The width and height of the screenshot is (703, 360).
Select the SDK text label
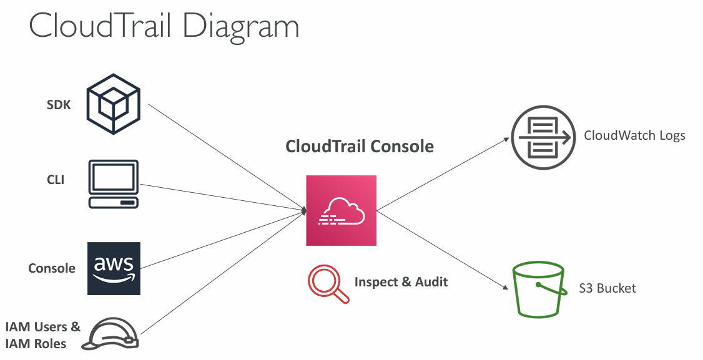(x=59, y=105)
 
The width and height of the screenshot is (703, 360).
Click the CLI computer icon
(x=114, y=184)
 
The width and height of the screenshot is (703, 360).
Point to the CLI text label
(x=56, y=180)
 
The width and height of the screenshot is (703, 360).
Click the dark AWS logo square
(x=114, y=268)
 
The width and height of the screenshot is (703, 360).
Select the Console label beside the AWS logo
(x=52, y=268)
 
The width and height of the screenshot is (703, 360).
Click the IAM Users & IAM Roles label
(x=42, y=334)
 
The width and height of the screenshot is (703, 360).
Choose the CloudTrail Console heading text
(x=359, y=147)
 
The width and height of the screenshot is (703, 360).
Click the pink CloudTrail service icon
(x=341, y=210)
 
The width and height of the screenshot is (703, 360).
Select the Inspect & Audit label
(x=401, y=282)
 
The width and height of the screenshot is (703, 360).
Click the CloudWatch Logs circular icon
(x=541, y=135)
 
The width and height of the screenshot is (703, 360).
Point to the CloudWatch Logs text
(x=634, y=135)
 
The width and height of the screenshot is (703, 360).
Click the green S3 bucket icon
(x=538, y=290)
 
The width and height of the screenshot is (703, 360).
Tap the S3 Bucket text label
(x=607, y=288)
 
